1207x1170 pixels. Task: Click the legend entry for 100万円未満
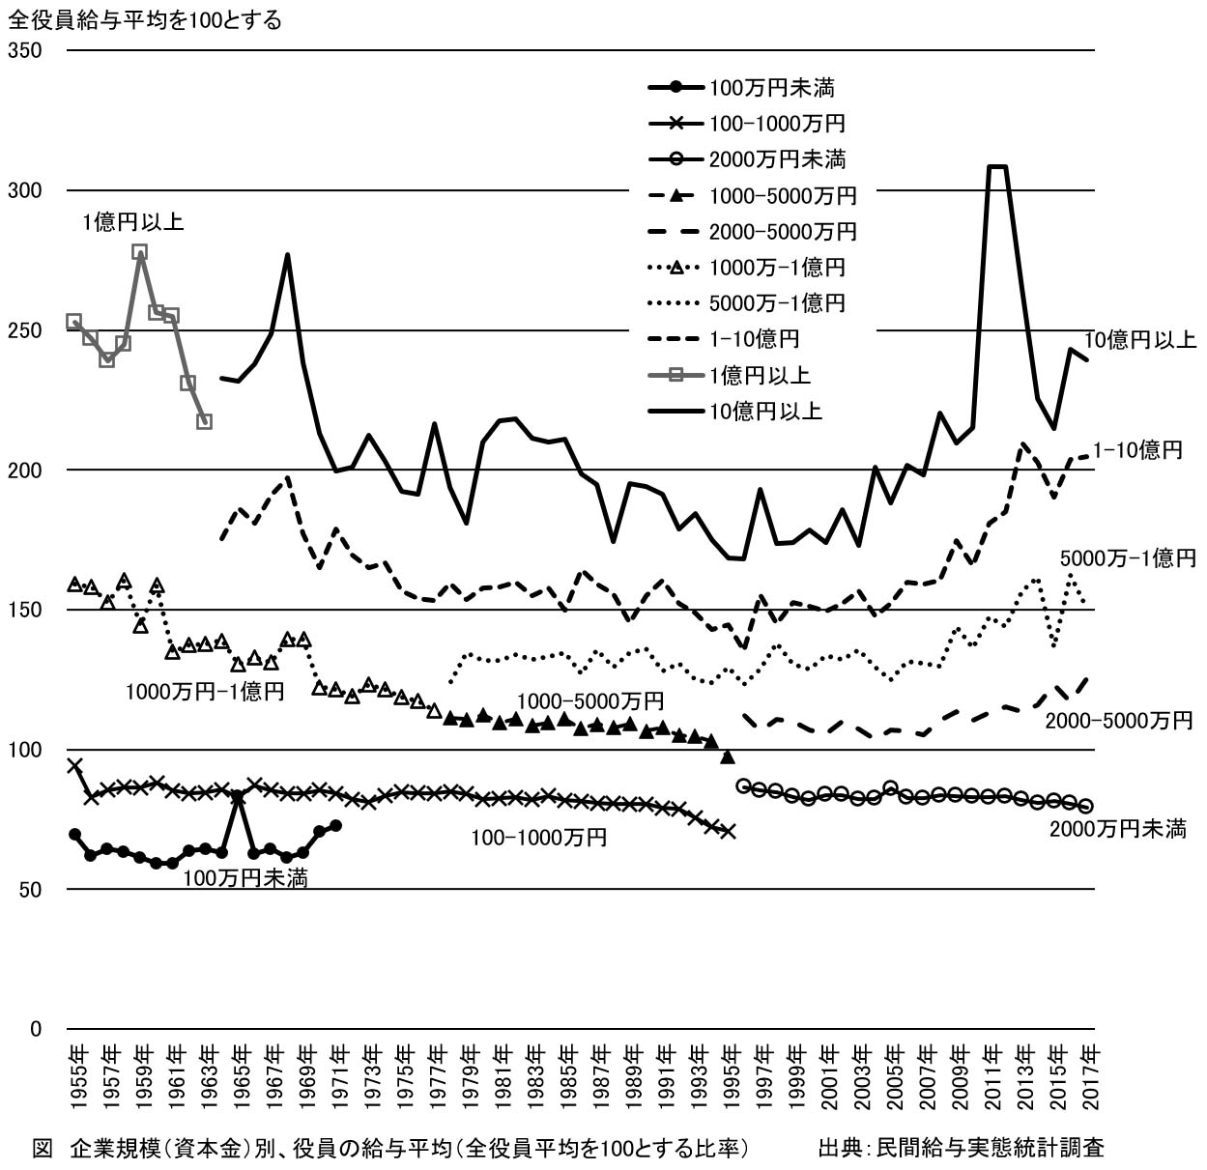(x=771, y=88)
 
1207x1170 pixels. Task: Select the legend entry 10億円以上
(x=765, y=412)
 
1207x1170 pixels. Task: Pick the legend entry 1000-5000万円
(x=783, y=196)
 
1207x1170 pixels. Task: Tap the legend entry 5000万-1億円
(x=777, y=303)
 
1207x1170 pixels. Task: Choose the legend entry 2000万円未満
(x=777, y=159)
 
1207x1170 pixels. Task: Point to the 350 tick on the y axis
(x=25, y=50)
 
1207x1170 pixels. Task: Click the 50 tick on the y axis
(x=31, y=889)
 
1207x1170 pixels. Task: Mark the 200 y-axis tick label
(x=25, y=471)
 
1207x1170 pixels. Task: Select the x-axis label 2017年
(x=1090, y=1076)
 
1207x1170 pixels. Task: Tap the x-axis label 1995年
(x=732, y=1076)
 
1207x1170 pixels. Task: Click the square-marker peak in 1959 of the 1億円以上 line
(x=139, y=252)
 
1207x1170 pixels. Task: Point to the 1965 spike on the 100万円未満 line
(x=238, y=797)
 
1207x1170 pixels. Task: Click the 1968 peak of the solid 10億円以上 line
(x=287, y=255)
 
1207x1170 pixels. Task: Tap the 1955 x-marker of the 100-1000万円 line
(x=74, y=765)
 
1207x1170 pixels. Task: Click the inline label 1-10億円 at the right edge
(x=1139, y=450)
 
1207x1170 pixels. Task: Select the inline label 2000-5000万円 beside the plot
(x=1119, y=721)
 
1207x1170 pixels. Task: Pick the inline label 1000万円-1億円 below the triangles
(x=204, y=692)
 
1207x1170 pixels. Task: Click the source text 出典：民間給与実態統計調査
(x=961, y=1148)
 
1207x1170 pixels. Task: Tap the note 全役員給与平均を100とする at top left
(x=145, y=19)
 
